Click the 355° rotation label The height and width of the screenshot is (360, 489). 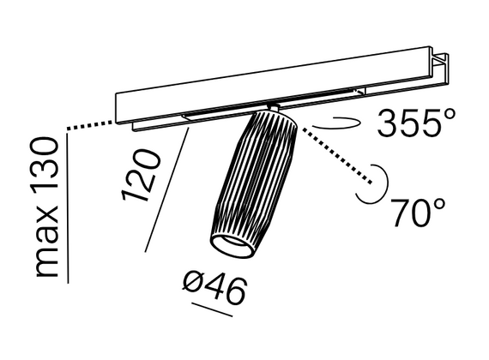pyautogui.click(x=416, y=123)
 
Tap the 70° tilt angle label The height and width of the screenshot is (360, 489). pyautogui.click(x=418, y=213)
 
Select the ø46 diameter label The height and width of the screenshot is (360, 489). pyautogui.click(x=214, y=287)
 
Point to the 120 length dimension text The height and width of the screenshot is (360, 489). pyautogui.click(x=142, y=175)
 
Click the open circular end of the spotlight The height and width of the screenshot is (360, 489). pyautogui.click(x=232, y=246)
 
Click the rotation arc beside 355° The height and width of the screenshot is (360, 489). pyautogui.click(x=337, y=123)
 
